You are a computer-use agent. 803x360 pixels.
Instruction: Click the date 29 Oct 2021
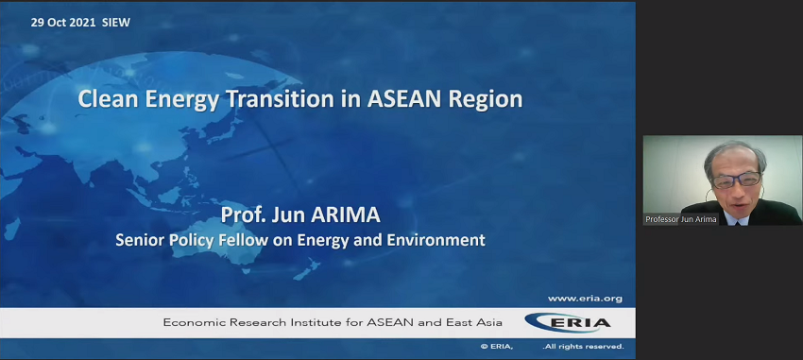62,23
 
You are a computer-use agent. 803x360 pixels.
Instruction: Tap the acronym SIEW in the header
115,23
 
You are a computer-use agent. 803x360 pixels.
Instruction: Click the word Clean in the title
106,99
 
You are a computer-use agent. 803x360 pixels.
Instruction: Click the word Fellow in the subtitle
247,240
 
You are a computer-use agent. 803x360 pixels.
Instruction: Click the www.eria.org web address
585,299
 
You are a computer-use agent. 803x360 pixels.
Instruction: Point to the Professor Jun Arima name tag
681,219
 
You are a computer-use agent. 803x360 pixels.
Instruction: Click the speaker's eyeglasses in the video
735,178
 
